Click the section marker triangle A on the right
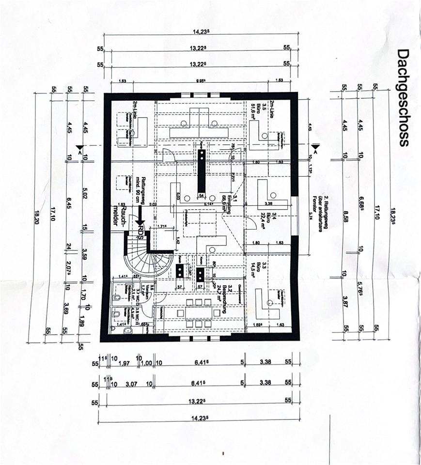click(315, 147)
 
